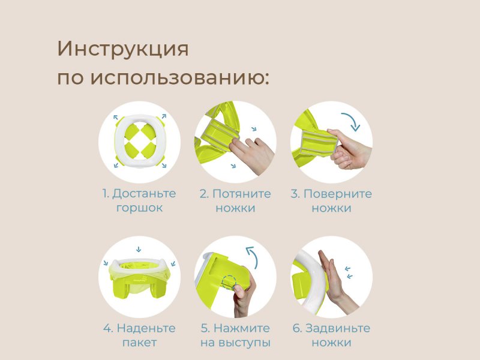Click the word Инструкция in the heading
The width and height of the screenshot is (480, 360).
pyautogui.click(x=123, y=49)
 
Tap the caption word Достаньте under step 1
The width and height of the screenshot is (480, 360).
pyautogui.click(x=144, y=194)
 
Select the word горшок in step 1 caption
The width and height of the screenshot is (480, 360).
pyautogui.click(x=139, y=208)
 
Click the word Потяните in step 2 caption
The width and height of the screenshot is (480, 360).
pyautogui.click(x=242, y=194)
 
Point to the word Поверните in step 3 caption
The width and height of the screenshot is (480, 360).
pyautogui.click(x=338, y=194)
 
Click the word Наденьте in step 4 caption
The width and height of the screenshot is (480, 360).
pyautogui.click(x=146, y=328)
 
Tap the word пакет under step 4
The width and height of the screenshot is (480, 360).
pyautogui.click(x=139, y=343)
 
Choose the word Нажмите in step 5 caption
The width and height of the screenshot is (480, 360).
pyautogui.click(x=242, y=328)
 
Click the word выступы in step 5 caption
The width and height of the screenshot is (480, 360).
pyautogui.click(x=244, y=343)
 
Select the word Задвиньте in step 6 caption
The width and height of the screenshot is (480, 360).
pyautogui.click(x=338, y=328)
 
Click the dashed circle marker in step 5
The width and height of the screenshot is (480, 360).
pyautogui.click(x=229, y=281)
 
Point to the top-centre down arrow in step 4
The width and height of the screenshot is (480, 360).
pyautogui.click(x=139, y=249)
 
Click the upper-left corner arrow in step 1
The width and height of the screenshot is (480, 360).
pyautogui.click(x=115, y=117)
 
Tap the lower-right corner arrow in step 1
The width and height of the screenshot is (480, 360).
pyautogui.click(x=164, y=166)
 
